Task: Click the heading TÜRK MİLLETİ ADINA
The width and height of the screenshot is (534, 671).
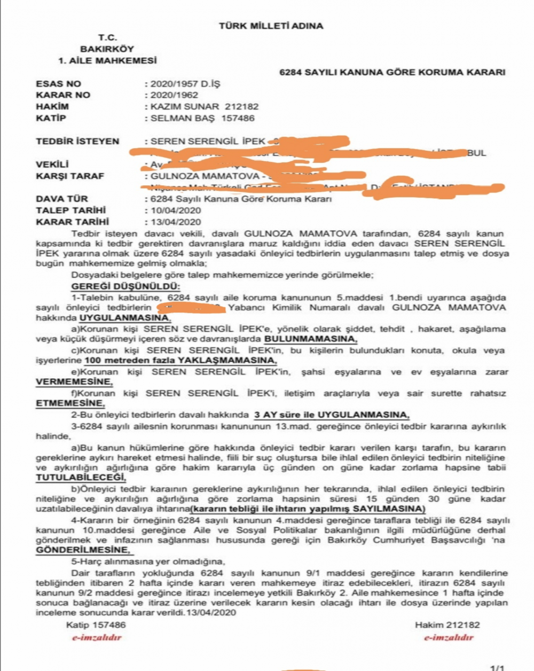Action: tap(271, 26)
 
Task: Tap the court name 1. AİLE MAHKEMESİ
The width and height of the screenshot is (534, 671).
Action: tap(107, 60)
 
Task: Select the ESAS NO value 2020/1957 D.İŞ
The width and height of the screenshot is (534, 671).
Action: tap(185, 84)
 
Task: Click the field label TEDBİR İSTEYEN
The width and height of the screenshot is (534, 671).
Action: tap(77, 142)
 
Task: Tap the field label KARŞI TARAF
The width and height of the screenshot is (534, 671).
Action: tap(70, 176)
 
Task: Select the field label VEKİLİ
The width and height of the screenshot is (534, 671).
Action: tap(52, 165)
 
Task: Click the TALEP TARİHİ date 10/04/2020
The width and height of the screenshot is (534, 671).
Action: tap(176, 210)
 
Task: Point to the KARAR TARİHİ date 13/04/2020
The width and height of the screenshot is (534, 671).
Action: tap(176, 222)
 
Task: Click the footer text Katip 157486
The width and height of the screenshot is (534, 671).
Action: tap(96, 625)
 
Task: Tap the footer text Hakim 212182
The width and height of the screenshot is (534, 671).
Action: tap(447, 625)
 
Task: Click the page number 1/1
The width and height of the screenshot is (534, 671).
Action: tap(497, 667)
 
